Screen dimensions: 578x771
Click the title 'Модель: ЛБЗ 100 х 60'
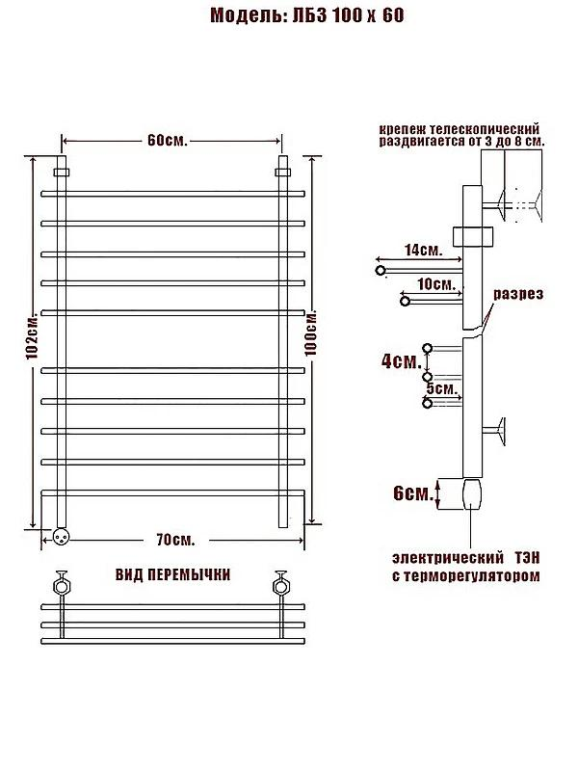coord(307,15)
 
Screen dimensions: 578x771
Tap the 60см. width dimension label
coord(167,141)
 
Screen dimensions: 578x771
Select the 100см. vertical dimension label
coord(310,332)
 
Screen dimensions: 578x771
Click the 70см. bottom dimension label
coord(175,540)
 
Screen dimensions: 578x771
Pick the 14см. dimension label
coord(423,250)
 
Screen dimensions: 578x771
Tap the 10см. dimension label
coord(436,283)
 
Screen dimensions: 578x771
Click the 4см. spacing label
coord(402,361)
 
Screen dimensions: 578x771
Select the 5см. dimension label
coord(442,388)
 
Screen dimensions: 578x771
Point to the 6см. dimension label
coord(413,493)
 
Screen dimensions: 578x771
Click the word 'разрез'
coord(518,294)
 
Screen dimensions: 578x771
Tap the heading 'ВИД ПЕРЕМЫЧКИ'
coord(173,574)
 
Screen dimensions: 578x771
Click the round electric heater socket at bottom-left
coord(61,536)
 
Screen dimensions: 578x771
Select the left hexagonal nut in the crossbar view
coord(62,587)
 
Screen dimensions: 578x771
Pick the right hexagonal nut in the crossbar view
coord(280,587)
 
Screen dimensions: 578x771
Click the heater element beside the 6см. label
coord(472,493)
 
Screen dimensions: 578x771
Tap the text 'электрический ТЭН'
coord(466,558)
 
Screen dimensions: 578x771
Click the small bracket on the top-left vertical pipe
coord(62,173)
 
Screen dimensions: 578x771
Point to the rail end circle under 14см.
coord(380,270)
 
